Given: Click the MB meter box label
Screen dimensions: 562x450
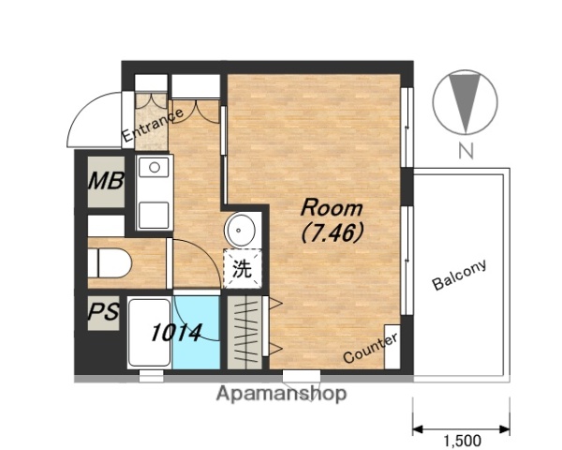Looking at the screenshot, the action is [x=106, y=181].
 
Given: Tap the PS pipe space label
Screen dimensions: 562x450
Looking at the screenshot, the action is [x=103, y=311].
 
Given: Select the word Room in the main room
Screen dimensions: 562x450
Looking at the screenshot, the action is [x=332, y=208].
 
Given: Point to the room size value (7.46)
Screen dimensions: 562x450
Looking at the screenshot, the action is [x=332, y=233].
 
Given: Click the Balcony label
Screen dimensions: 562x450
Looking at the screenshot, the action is [x=460, y=275].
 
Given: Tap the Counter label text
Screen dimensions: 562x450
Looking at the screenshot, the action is [x=371, y=348].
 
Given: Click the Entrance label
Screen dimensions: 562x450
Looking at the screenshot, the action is [x=153, y=126].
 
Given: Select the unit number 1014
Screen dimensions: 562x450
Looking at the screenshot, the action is [x=176, y=333].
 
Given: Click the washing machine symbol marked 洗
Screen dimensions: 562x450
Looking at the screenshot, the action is [x=243, y=269].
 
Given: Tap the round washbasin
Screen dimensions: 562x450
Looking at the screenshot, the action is [x=240, y=230].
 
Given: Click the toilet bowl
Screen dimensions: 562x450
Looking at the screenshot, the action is [x=110, y=263].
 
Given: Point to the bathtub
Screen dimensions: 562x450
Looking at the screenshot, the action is [x=150, y=332].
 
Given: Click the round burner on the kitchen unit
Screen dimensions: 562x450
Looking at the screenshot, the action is [x=155, y=167].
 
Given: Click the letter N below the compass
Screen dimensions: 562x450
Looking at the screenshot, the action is [x=466, y=151].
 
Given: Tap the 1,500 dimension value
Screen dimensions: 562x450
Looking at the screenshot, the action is [x=463, y=441].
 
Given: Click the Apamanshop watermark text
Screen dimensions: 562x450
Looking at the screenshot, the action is [x=281, y=394].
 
